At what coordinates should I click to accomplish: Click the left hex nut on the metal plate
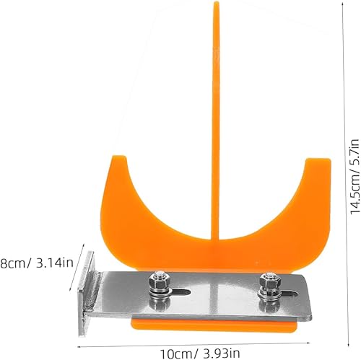pyautogui.click(x=157, y=279)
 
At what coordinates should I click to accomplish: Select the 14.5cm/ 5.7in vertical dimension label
pyautogui.click(x=355, y=176)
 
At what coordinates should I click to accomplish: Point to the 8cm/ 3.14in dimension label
pyautogui.click(x=37, y=263)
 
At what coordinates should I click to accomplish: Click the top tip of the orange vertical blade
pyautogui.click(x=217, y=2)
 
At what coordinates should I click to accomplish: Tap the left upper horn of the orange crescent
pyautogui.click(x=118, y=159)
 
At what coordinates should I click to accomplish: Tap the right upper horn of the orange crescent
pyautogui.click(x=318, y=162)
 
